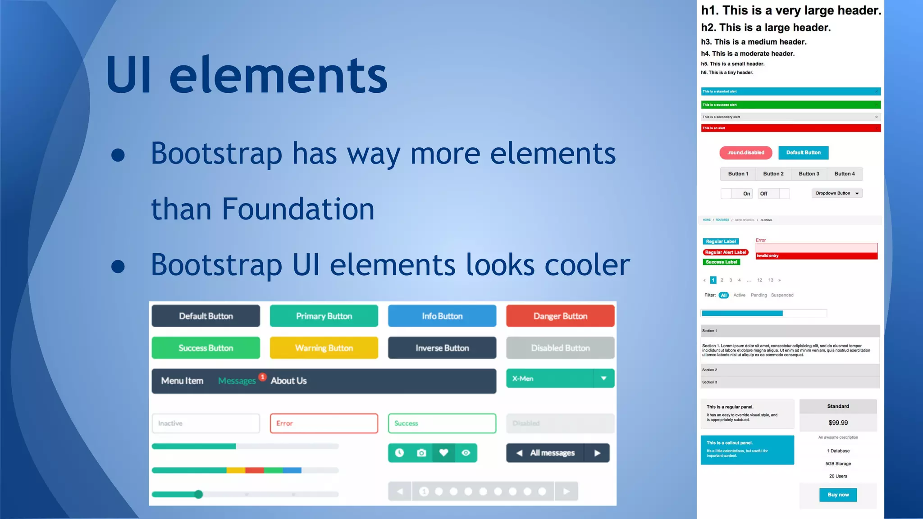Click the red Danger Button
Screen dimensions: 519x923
tap(560, 316)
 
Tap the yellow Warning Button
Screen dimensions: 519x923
tap(324, 348)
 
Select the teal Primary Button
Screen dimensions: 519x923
tap(324, 316)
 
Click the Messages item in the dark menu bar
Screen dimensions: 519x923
tap(237, 381)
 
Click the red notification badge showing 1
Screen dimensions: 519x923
tap(262, 377)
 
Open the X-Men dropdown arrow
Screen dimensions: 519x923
tap(603, 378)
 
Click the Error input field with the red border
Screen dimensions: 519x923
tap(324, 423)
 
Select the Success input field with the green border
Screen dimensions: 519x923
tap(442, 423)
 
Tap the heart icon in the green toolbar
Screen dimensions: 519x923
tap(443, 453)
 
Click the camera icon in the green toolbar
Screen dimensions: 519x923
tap(421, 453)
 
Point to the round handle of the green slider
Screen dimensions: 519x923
tap(199, 494)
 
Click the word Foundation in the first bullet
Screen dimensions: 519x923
tap(298, 209)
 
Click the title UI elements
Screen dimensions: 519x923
tap(247, 74)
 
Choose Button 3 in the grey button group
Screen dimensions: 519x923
tap(809, 174)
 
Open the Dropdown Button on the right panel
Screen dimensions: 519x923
tap(837, 193)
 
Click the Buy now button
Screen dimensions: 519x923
tap(838, 495)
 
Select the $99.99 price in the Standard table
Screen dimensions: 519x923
tap(838, 423)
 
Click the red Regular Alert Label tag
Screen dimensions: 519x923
tap(725, 252)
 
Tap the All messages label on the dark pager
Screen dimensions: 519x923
tap(552, 453)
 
